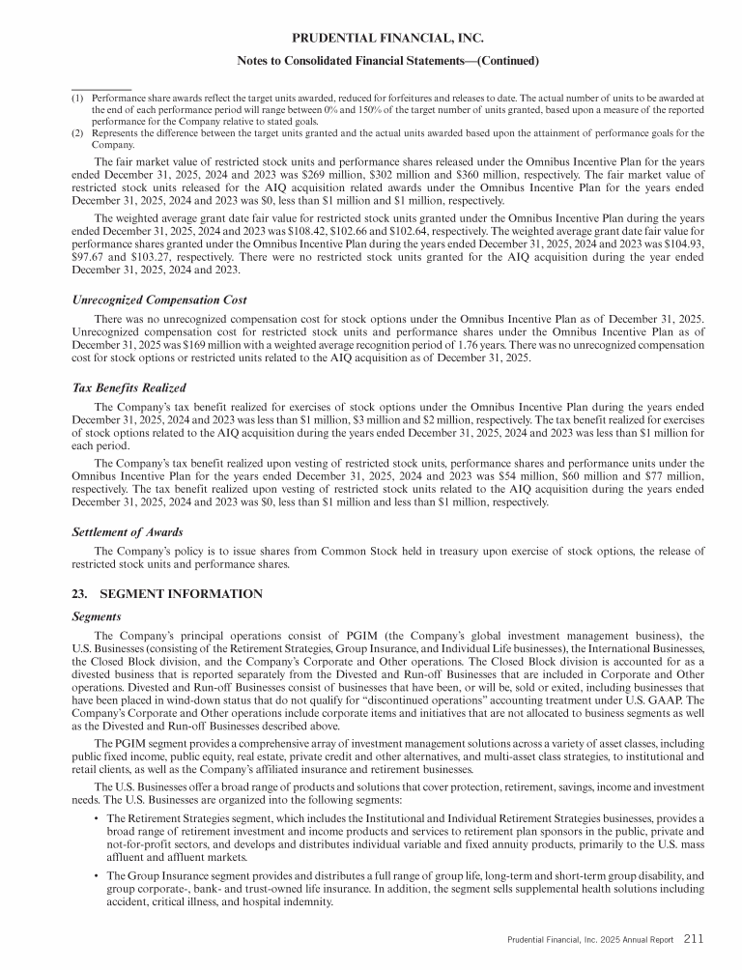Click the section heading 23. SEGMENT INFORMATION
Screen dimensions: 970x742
167,594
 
